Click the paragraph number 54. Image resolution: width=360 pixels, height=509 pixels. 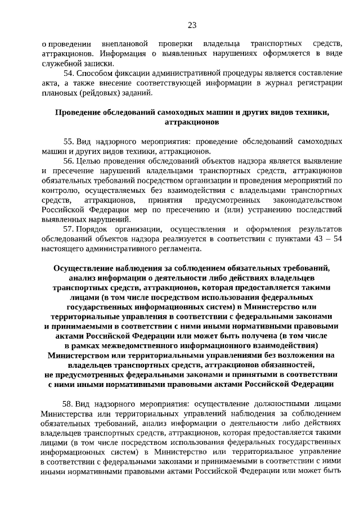pos(69,74)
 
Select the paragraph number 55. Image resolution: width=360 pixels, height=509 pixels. pos(69,140)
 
